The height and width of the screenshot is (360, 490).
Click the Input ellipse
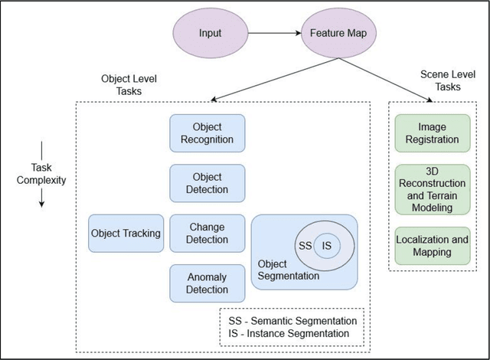(208, 34)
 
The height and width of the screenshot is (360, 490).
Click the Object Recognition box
(207, 133)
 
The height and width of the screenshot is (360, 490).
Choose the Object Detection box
(207, 183)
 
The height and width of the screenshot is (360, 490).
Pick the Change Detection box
(207, 233)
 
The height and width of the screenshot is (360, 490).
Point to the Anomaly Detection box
(207, 283)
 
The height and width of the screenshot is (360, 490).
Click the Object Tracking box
(126, 233)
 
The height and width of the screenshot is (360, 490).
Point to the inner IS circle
(327, 245)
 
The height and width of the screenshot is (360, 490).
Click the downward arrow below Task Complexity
(41, 198)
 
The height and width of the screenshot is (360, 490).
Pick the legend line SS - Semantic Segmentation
(291, 319)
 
